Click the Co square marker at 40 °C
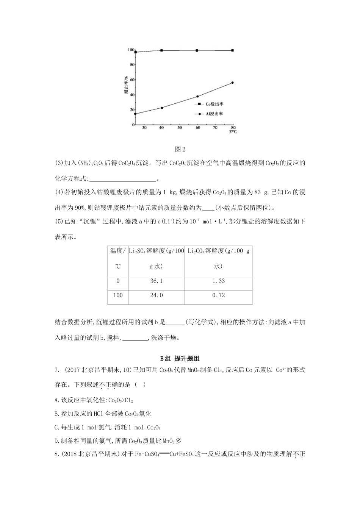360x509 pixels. click(162, 50)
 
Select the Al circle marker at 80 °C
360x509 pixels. click(232, 83)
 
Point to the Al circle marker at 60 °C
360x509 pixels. click(197, 97)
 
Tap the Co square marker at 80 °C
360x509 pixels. click(232, 50)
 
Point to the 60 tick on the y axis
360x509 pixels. click(131, 80)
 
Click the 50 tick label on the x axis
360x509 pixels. click(180, 128)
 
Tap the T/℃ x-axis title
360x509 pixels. click(233, 132)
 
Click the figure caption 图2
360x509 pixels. click(180, 149)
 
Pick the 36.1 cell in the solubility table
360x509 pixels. click(156, 281)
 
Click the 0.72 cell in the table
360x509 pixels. click(218, 295)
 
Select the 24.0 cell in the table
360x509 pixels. click(156, 295)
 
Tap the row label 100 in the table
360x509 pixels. click(118, 295)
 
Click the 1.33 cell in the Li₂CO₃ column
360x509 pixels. click(218, 281)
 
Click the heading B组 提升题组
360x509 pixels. click(180, 359)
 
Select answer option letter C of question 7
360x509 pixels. click(57, 428)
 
